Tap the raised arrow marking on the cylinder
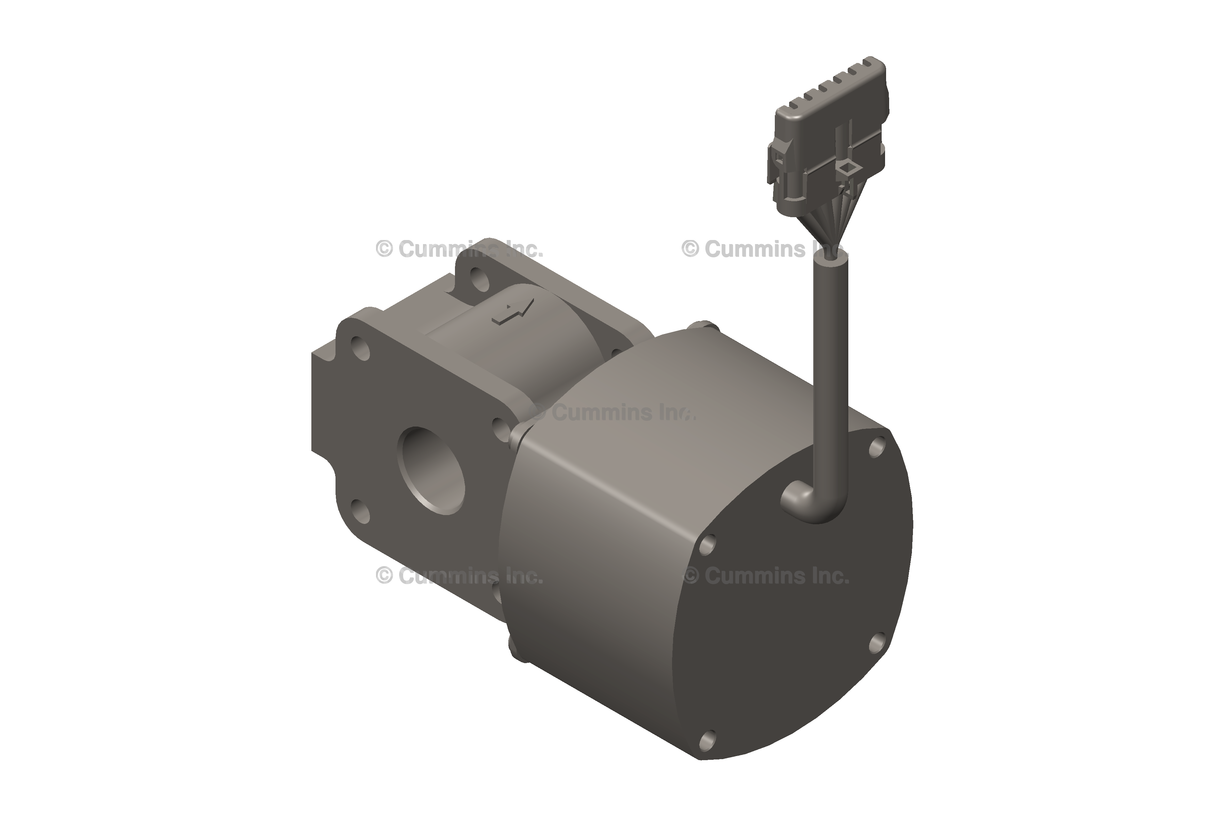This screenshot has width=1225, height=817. pyautogui.click(x=513, y=313)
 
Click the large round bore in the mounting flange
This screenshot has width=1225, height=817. pyautogui.click(x=431, y=470)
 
